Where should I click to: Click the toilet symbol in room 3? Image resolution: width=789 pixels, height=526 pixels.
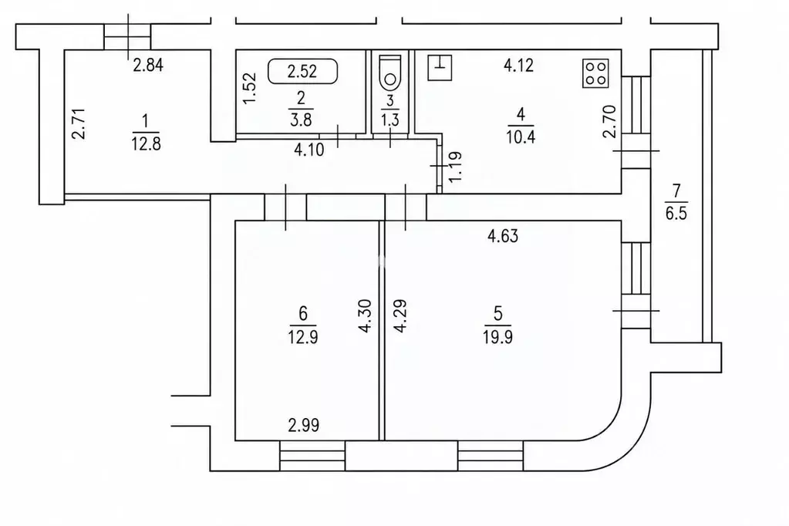point(390,71)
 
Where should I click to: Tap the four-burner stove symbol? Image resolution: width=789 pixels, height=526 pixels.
point(595,73)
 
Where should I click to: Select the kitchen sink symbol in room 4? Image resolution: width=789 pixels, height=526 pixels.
point(440,67)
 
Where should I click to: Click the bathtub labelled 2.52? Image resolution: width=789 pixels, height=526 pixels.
point(302,71)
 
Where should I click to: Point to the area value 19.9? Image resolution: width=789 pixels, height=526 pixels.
point(497,337)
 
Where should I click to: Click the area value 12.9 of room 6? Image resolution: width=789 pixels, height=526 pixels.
point(302,337)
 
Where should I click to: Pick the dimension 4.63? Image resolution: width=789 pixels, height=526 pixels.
point(503,235)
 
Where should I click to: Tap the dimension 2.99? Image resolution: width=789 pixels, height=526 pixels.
point(303,425)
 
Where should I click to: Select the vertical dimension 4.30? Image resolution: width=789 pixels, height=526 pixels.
point(366,316)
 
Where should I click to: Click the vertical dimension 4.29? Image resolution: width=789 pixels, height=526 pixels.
point(400,316)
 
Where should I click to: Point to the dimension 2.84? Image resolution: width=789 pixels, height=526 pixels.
point(148,65)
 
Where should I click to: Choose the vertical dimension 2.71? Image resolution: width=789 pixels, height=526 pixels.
point(78,124)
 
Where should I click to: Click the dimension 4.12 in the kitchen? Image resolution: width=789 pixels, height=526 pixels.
point(518,65)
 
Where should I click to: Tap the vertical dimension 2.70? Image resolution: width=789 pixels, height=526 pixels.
point(609,121)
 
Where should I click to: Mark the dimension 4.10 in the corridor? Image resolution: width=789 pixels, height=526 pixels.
point(309,150)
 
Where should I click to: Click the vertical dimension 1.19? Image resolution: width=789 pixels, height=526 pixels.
point(454,167)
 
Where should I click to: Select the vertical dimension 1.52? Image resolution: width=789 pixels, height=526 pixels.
point(250,89)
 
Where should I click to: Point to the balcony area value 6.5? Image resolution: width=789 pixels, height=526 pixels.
point(676,213)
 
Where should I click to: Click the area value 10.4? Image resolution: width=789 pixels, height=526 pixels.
point(521,137)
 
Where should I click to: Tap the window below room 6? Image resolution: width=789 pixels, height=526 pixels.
point(312,456)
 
